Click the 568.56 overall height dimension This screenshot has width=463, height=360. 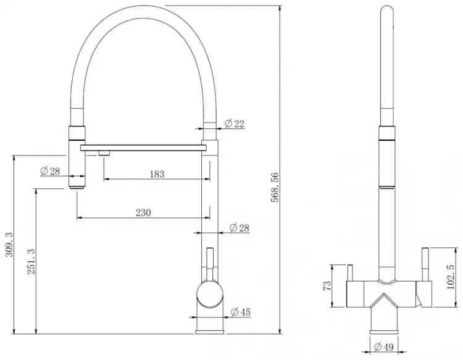click(275, 188)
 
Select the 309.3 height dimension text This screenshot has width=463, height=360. click(9, 245)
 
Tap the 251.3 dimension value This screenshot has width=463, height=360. click(31, 261)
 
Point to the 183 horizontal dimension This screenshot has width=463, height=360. click(157, 174)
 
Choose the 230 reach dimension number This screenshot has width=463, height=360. click(143, 212)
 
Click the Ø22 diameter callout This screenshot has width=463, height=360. click(235, 123)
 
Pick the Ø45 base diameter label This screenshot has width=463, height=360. click(241, 312)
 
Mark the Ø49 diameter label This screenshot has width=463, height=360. click(383, 346)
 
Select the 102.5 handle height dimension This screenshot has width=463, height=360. click(451, 277)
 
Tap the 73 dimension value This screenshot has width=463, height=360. click(327, 285)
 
